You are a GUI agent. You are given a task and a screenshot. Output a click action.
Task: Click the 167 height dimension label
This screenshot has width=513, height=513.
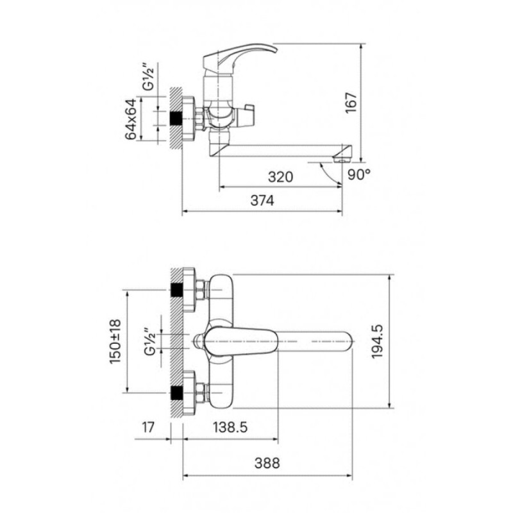coord(351,103)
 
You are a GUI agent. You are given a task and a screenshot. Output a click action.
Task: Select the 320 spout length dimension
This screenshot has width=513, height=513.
coord(280,177)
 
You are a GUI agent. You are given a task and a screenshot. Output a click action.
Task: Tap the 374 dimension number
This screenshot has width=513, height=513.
coord(262,201)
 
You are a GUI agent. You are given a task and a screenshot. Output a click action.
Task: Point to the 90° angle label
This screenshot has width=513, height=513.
coord(359,174)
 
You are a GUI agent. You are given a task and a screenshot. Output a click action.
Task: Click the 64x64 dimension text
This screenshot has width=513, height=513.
coord(131,119)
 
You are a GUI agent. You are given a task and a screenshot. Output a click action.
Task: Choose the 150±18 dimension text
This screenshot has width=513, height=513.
coord(115,341)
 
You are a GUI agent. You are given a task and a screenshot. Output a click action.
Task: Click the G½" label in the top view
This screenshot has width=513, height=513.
coord(149,342)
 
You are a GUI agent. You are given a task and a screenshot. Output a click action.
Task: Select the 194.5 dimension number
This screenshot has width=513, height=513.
coord(377,342)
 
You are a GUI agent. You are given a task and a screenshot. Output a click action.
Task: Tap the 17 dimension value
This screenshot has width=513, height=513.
coord(148,427)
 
